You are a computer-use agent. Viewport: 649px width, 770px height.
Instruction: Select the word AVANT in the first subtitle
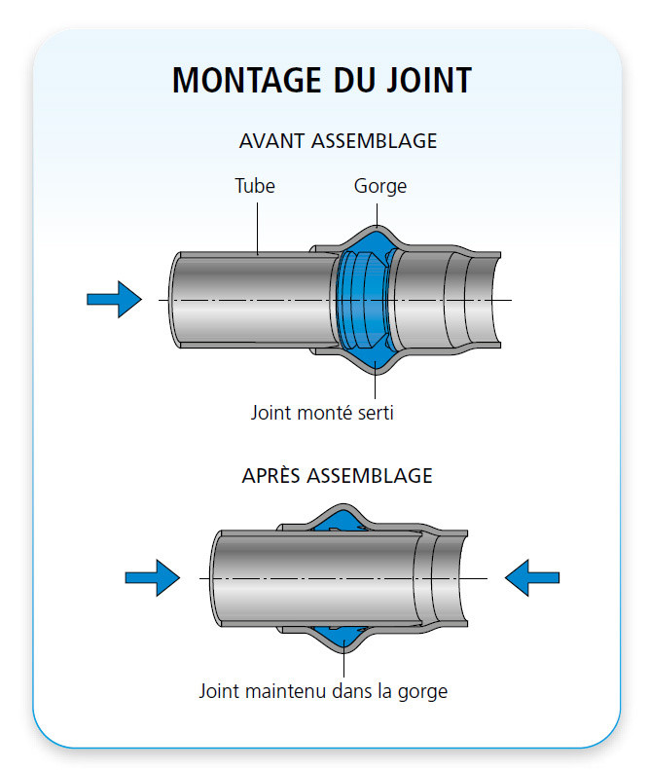271,140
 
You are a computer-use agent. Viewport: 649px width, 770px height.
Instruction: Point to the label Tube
255,186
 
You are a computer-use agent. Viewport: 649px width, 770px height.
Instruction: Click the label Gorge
379,186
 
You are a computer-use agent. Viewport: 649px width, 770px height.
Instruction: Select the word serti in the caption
373,412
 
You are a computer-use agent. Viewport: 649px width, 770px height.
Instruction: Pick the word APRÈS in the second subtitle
271,476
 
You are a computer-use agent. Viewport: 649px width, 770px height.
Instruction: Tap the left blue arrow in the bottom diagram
153,577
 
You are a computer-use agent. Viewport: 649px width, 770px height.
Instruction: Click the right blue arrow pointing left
531,577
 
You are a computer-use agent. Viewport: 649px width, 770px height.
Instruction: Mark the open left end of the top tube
176,299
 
